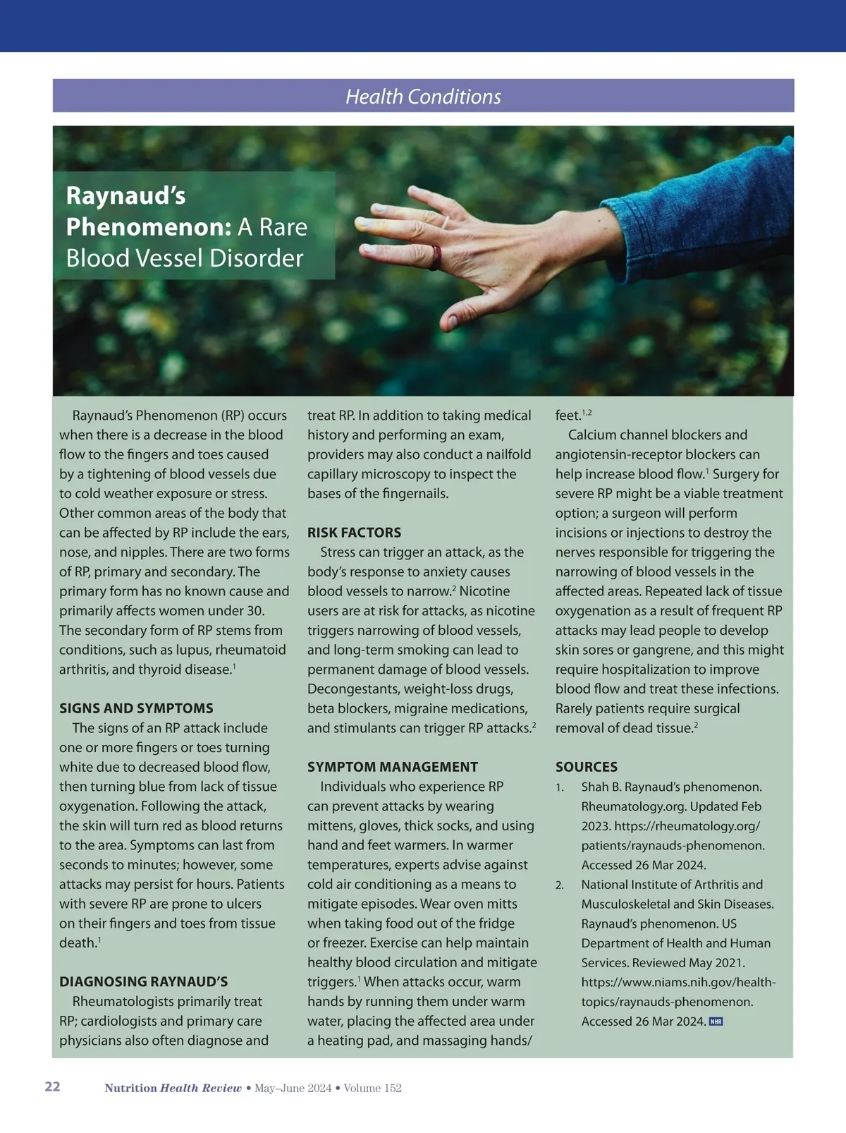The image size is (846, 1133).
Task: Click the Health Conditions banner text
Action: tap(423, 97)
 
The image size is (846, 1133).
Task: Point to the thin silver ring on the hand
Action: tap(445, 222)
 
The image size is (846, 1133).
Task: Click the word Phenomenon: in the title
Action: tap(149, 227)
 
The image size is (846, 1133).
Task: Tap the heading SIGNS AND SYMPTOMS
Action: tap(136, 708)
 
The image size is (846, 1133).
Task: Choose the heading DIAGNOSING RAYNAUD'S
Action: tap(143, 982)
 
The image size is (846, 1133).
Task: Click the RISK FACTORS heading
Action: tap(354, 533)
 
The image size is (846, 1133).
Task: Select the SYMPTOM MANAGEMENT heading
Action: tap(392, 767)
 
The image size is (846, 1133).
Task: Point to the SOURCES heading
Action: tap(586, 767)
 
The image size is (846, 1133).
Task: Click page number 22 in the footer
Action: tap(53, 1086)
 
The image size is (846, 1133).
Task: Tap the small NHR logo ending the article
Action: tap(716, 1022)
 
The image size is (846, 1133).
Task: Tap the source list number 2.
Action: tap(559, 885)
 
